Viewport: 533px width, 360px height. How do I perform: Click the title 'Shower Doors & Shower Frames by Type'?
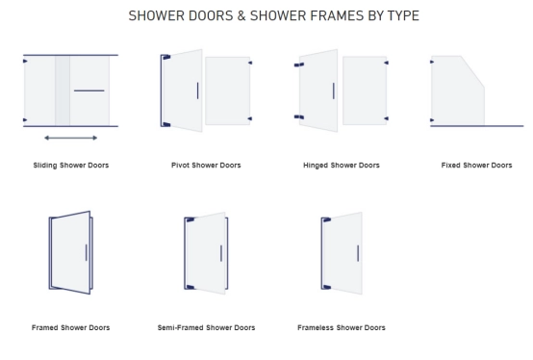273,15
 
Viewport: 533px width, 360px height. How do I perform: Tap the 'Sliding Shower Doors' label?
71,166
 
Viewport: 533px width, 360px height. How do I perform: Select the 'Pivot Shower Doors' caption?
206,166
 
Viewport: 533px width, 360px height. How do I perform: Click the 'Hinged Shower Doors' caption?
342,166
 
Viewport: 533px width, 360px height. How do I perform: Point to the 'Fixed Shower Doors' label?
476,166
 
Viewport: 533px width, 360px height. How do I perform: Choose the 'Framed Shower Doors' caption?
70,327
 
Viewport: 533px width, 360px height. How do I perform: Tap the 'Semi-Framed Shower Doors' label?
206,327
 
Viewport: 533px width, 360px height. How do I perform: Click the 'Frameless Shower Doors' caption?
342,327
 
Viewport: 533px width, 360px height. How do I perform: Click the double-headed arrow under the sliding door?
70,138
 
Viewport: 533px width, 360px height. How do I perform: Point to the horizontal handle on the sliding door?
89,90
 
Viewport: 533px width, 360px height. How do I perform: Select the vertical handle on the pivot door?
197,90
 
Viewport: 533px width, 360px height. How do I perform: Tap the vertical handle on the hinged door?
334,91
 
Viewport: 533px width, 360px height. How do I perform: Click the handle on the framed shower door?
86,252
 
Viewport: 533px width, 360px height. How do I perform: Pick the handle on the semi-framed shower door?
221,253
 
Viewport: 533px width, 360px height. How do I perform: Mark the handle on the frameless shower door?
358,253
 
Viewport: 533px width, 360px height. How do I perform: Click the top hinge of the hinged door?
299,64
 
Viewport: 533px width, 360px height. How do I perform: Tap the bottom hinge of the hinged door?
299,117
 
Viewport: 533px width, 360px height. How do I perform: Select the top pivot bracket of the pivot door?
166,57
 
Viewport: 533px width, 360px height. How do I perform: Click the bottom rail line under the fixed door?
477,126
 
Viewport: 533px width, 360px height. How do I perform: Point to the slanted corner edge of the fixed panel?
472,72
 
